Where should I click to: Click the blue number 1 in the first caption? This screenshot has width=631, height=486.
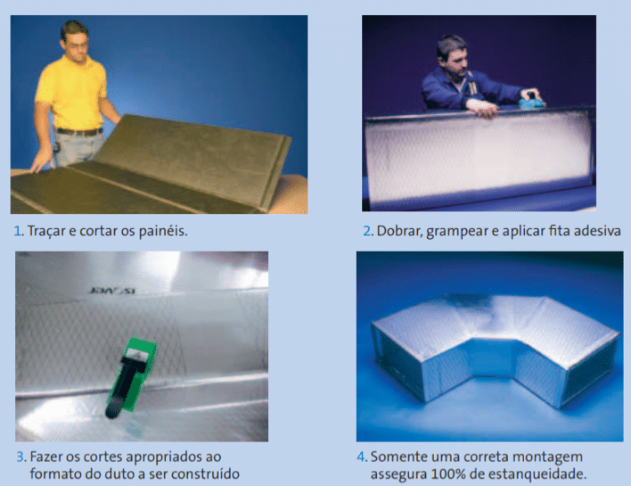tap(17, 231)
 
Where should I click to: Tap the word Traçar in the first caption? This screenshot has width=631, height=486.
tap(46, 232)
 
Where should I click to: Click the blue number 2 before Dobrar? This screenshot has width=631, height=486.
tap(367, 231)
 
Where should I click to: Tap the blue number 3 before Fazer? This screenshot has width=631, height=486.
tap(20, 457)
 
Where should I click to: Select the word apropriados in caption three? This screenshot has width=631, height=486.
tap(163, 457)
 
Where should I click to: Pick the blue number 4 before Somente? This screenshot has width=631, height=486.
tap(361, 457)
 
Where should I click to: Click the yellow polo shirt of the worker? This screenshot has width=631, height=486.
tap(72, 93)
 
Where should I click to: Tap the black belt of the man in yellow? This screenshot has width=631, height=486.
tap(79, 131)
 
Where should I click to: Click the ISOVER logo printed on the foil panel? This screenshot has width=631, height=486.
tap(112, 290)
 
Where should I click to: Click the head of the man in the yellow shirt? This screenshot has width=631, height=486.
tap(75, 39)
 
